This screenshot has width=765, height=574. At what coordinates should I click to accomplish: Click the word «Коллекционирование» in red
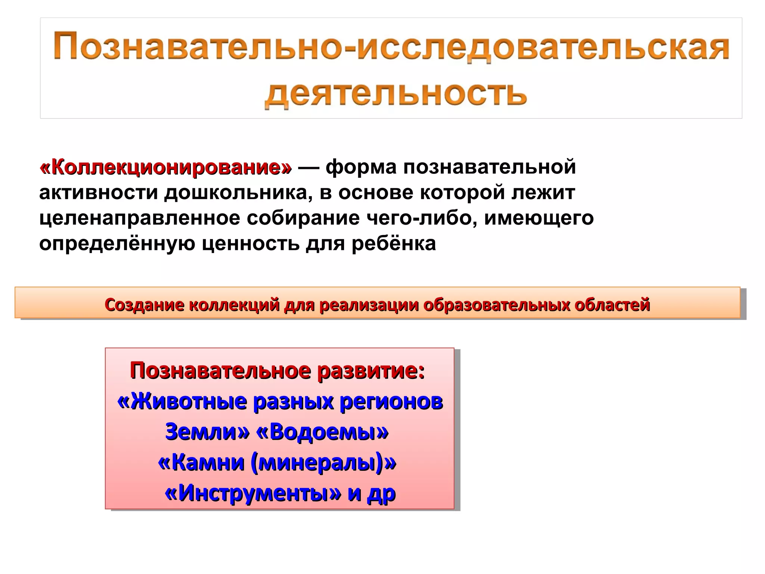click(x=165, y=167)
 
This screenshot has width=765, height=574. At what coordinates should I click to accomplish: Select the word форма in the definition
click(x=360, y=167)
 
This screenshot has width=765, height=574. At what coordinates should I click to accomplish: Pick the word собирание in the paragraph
click(x=303, y=218)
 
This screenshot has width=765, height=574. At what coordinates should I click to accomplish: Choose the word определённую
click(x=117, y=244)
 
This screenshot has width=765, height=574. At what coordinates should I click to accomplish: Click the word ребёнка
click(x=394, y=244)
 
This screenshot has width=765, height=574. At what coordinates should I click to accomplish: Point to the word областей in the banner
click(x=612, y=305)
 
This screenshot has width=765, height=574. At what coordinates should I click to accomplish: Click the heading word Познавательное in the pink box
click(x=220, y=371)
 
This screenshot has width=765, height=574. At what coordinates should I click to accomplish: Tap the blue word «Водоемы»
click(x=322, y=432)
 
